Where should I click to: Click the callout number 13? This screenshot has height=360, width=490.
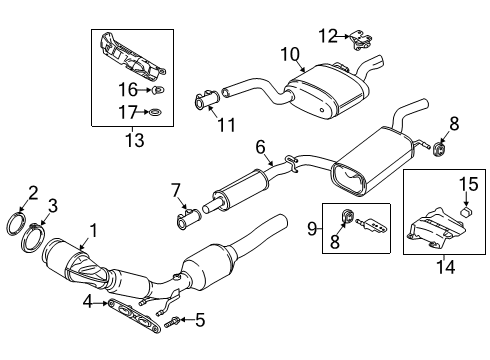[x=135, y=140]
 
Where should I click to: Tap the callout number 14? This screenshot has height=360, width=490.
[x=446, y=266]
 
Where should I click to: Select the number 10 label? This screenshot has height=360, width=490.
[x=290, y=54]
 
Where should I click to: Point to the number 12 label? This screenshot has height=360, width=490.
[x=328, y=36]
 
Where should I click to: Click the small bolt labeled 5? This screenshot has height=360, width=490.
[x=172, y=321]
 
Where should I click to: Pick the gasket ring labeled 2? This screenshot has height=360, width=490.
[x=16, y=224]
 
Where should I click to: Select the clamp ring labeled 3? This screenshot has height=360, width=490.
[x=34, y=237]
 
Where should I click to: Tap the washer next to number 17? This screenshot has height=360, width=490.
[x=154, y=112]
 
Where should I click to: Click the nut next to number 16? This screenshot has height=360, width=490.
[x=158, y=90]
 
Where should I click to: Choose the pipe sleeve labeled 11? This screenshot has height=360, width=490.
[x=207, y=99]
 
